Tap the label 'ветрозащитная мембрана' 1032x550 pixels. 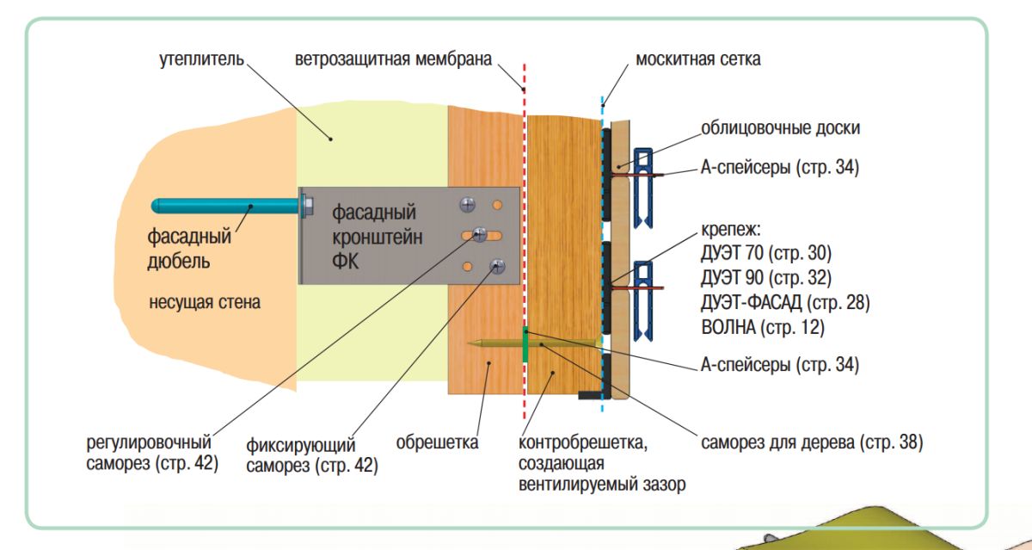click(393, 60)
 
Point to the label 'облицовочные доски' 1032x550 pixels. click(780, 128)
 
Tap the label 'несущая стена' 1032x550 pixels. click(205, 303)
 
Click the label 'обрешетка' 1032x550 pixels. click(437, 443)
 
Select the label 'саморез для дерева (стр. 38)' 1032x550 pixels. click(811, 442)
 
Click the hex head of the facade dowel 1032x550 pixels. click(305, 206)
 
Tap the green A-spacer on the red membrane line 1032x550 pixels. click(524, 343)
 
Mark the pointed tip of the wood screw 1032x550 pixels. click(470, 343)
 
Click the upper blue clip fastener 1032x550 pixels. click(643, 185)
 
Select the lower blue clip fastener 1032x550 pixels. click(643, 297)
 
